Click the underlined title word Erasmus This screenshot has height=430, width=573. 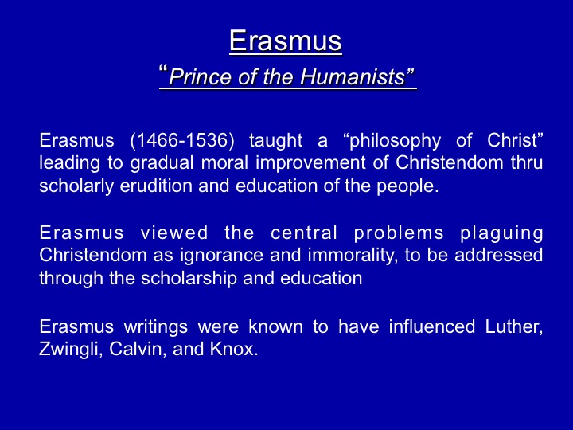click(286, 41)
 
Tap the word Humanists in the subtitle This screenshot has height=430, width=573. click(353, 76)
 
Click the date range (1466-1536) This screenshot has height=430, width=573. click(182, 140)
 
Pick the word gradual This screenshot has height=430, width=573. click(162, 163)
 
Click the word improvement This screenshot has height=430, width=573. click(310, 163)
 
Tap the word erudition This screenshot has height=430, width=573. click(156, 186)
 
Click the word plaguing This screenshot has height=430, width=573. click(501, 233)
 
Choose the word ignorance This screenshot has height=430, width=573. click(221, 256)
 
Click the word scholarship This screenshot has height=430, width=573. click(189, 279)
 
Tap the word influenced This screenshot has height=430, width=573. click(432, 326)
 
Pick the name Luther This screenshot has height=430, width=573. click(514, 326)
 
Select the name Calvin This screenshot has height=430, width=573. click(138, 350)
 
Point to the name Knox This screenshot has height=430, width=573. click(234, 349)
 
